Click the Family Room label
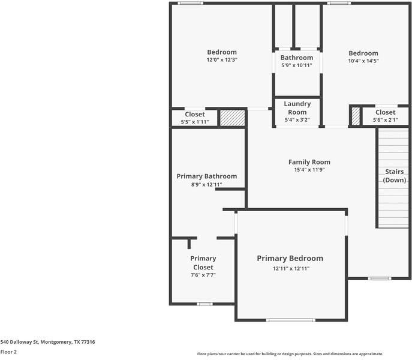point(309,162)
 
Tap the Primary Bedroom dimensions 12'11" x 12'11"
point(290,268)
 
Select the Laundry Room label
point(297,108)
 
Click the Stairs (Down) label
point(395,176)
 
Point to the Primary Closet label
point(203,263)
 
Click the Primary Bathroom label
point(206,176)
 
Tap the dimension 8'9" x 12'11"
point(206,185)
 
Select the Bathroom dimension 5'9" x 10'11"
point(297,65)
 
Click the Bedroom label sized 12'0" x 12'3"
point(222,52)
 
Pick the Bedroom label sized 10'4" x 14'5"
point(363,53)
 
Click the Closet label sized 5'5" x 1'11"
point(195,114)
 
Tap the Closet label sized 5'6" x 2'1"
point(385,112)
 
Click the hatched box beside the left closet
point(232,118)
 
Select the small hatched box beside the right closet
point(356,116)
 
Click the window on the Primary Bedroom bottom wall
point(290,320)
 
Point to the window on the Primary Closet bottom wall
point(205,304)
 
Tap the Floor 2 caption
point(8,352)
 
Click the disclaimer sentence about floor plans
point(290,354)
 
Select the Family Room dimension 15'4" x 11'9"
point(309,170)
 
